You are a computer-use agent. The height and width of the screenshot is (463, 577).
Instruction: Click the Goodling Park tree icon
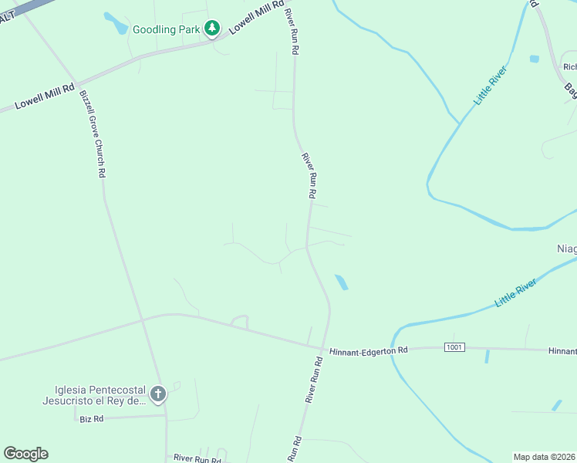(x=212, y=29)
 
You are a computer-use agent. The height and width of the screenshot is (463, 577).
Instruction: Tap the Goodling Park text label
(x=166, y=30)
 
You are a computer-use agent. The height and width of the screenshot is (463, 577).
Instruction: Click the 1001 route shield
(x=455, y=347)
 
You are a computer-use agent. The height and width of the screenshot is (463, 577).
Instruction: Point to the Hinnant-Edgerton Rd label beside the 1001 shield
(x=368, y=351)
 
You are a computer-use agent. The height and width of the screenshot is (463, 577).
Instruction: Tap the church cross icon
(x=157, y=395)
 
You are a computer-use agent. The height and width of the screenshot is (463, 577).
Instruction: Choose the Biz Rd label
(x=91, y=418)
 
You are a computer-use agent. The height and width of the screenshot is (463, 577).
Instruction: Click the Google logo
(x=25, y=454)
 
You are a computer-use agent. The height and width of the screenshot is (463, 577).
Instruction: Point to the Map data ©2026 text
(x=544, y=457)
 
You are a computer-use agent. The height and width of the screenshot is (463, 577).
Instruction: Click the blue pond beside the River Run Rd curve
(x=341, y=282)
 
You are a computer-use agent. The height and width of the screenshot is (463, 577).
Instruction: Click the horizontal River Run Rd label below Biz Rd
(x=197, y=459)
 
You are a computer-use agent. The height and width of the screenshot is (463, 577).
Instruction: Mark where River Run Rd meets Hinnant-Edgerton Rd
(x=322, y=347)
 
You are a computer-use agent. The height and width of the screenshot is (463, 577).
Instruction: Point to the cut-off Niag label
(x=566, y=248)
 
